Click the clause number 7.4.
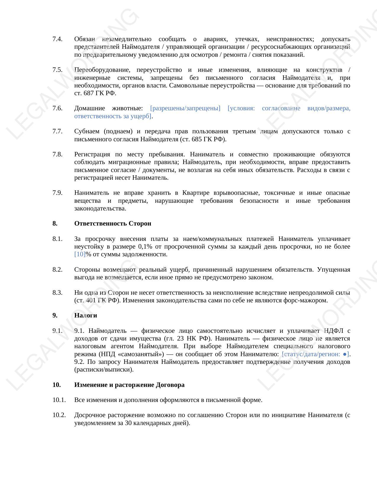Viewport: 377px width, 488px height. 57,39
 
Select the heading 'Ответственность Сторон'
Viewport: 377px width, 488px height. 113,223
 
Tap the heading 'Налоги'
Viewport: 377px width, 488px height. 85,315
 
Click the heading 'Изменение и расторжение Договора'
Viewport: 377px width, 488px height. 129,385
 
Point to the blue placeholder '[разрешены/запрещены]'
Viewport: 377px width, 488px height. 185,108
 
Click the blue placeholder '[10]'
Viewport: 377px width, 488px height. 80,254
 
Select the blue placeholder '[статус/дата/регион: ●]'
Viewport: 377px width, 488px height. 315,354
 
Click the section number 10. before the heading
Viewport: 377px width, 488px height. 56,385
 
